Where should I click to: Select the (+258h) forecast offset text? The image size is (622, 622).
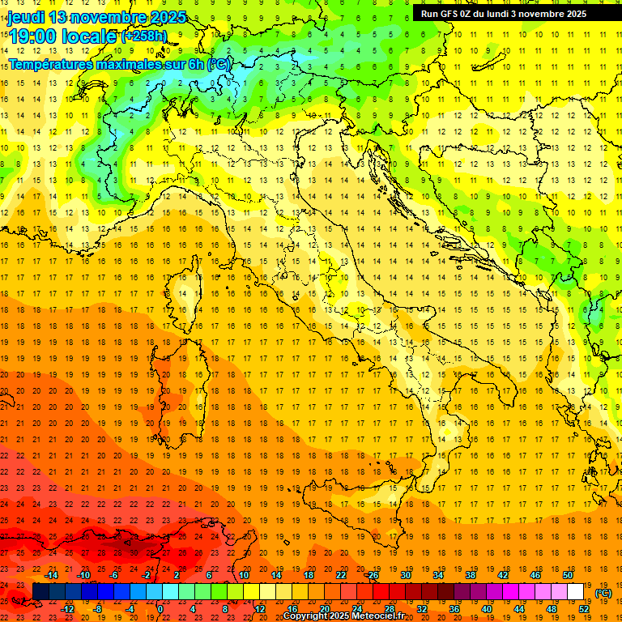pyautogui.click(x=144, y=36)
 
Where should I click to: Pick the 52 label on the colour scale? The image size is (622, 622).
pyautogui.click(x=584, y=608)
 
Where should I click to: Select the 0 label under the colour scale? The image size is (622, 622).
pyautogui.click(x=160, y=608)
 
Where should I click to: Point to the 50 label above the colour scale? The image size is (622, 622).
pyautogui.click(x=567, y=575)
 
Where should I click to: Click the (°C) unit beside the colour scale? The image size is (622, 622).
pyautogui.click(x=603, y=593)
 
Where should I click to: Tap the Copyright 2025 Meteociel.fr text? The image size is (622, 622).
pyautogui.click(x=343, y=616)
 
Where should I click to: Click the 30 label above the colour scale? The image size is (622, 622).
pyautogui.click(x=405, y=575)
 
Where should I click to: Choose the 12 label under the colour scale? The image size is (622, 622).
pyautogui.click(x=259, y=608)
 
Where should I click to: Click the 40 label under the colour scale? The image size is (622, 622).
pyautogui.click(x=486, y=608)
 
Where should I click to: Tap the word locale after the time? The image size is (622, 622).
pyautogui.click(x=90, y=36)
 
